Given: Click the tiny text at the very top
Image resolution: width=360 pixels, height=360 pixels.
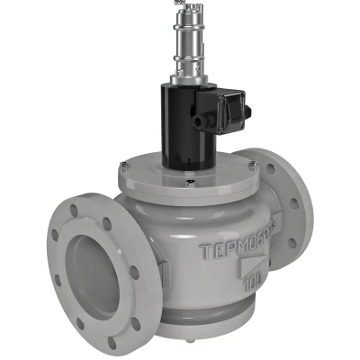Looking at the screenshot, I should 178,3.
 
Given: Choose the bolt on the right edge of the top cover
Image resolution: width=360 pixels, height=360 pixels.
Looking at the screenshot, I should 255,165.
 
